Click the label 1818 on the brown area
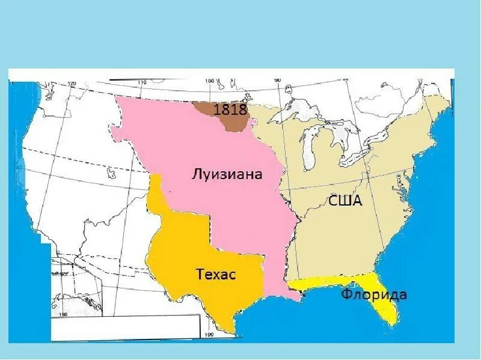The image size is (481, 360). pyautogui.click(x=230, y=109)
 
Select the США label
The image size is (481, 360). pyautogui.click(x=345, y=201)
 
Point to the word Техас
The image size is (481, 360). pyautogui.click(x=216, y=275)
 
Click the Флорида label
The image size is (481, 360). pyautogui.click(x=373, y=295)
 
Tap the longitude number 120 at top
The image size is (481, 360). pyautogui.click(x=73, y=84)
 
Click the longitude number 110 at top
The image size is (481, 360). pyautogui.click(x=142, y=82)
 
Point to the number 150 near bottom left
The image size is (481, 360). pyautogui.click(x=63, y=314)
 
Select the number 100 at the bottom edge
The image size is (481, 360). pyautogui.click(x=210, y=334)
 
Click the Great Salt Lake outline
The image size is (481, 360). pyautogui.click(x=111, y=174)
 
